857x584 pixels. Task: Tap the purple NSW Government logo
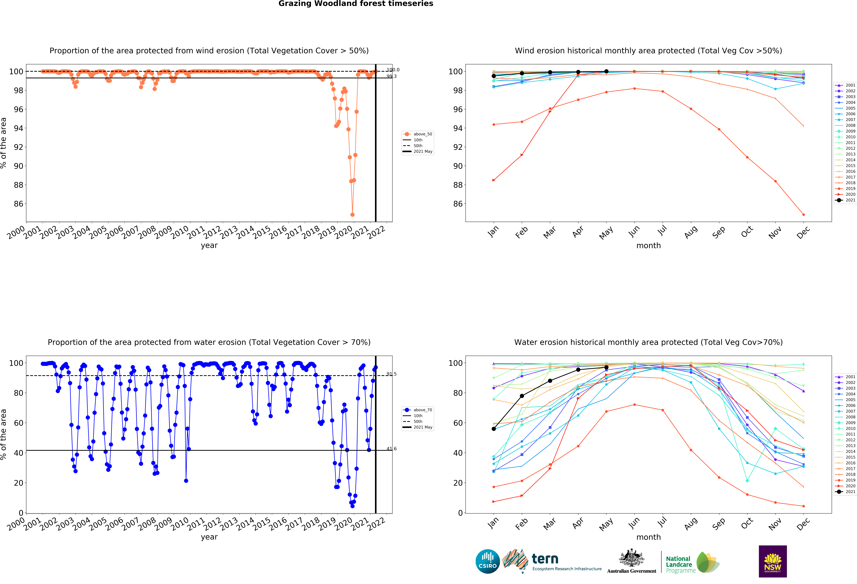click(x=773, y=561)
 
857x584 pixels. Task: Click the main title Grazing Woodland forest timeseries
click(x=355, y=4)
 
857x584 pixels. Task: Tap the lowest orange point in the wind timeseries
click(x=353, y=215)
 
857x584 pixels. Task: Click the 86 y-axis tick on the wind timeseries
click(x=18, y=204)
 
